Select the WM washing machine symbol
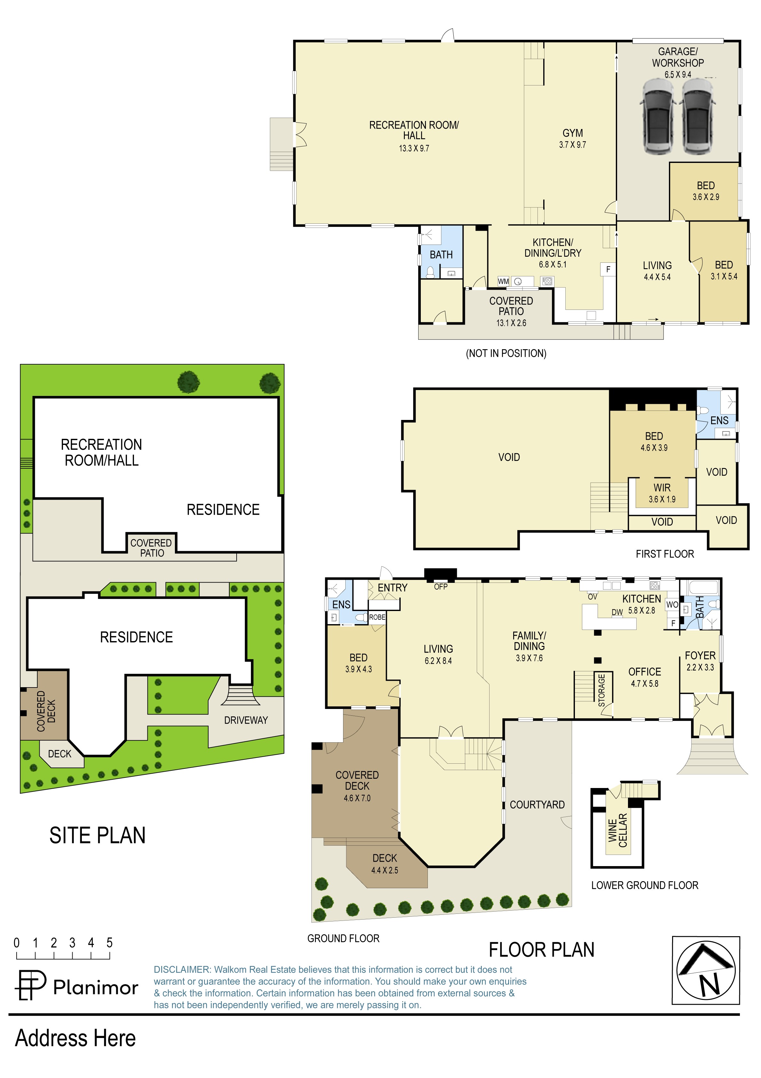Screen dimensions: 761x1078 (x=503, y=281)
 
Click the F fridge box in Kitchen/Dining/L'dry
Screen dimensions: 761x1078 (x=608, y=269)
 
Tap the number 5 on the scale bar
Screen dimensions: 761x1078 (x=109, y=943)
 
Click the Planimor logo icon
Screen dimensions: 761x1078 (x=31, y=985)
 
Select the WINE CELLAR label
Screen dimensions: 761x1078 (x=617, y=831)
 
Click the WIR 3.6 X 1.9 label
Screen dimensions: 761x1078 (x=662, y=493)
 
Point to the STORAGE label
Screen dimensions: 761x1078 (x=601, y=690)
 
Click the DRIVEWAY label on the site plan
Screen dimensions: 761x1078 (x=246, y=720)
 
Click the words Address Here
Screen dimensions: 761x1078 (x=75, y=1038)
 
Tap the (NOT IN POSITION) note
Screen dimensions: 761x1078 (x=506, y=353)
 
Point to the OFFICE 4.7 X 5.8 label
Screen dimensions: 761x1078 (x=645, y=677)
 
